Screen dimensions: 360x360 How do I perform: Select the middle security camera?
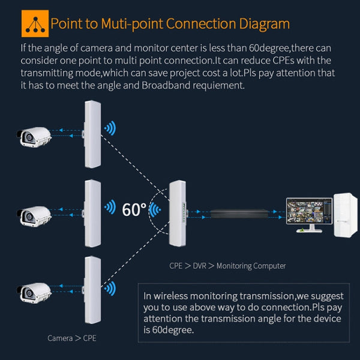(34, 214)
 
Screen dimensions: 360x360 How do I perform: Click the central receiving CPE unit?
(179, 213)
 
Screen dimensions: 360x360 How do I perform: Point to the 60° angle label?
(134, 209)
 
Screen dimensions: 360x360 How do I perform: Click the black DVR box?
(235, 213)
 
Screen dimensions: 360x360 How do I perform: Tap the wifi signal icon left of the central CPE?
(155, 210)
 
